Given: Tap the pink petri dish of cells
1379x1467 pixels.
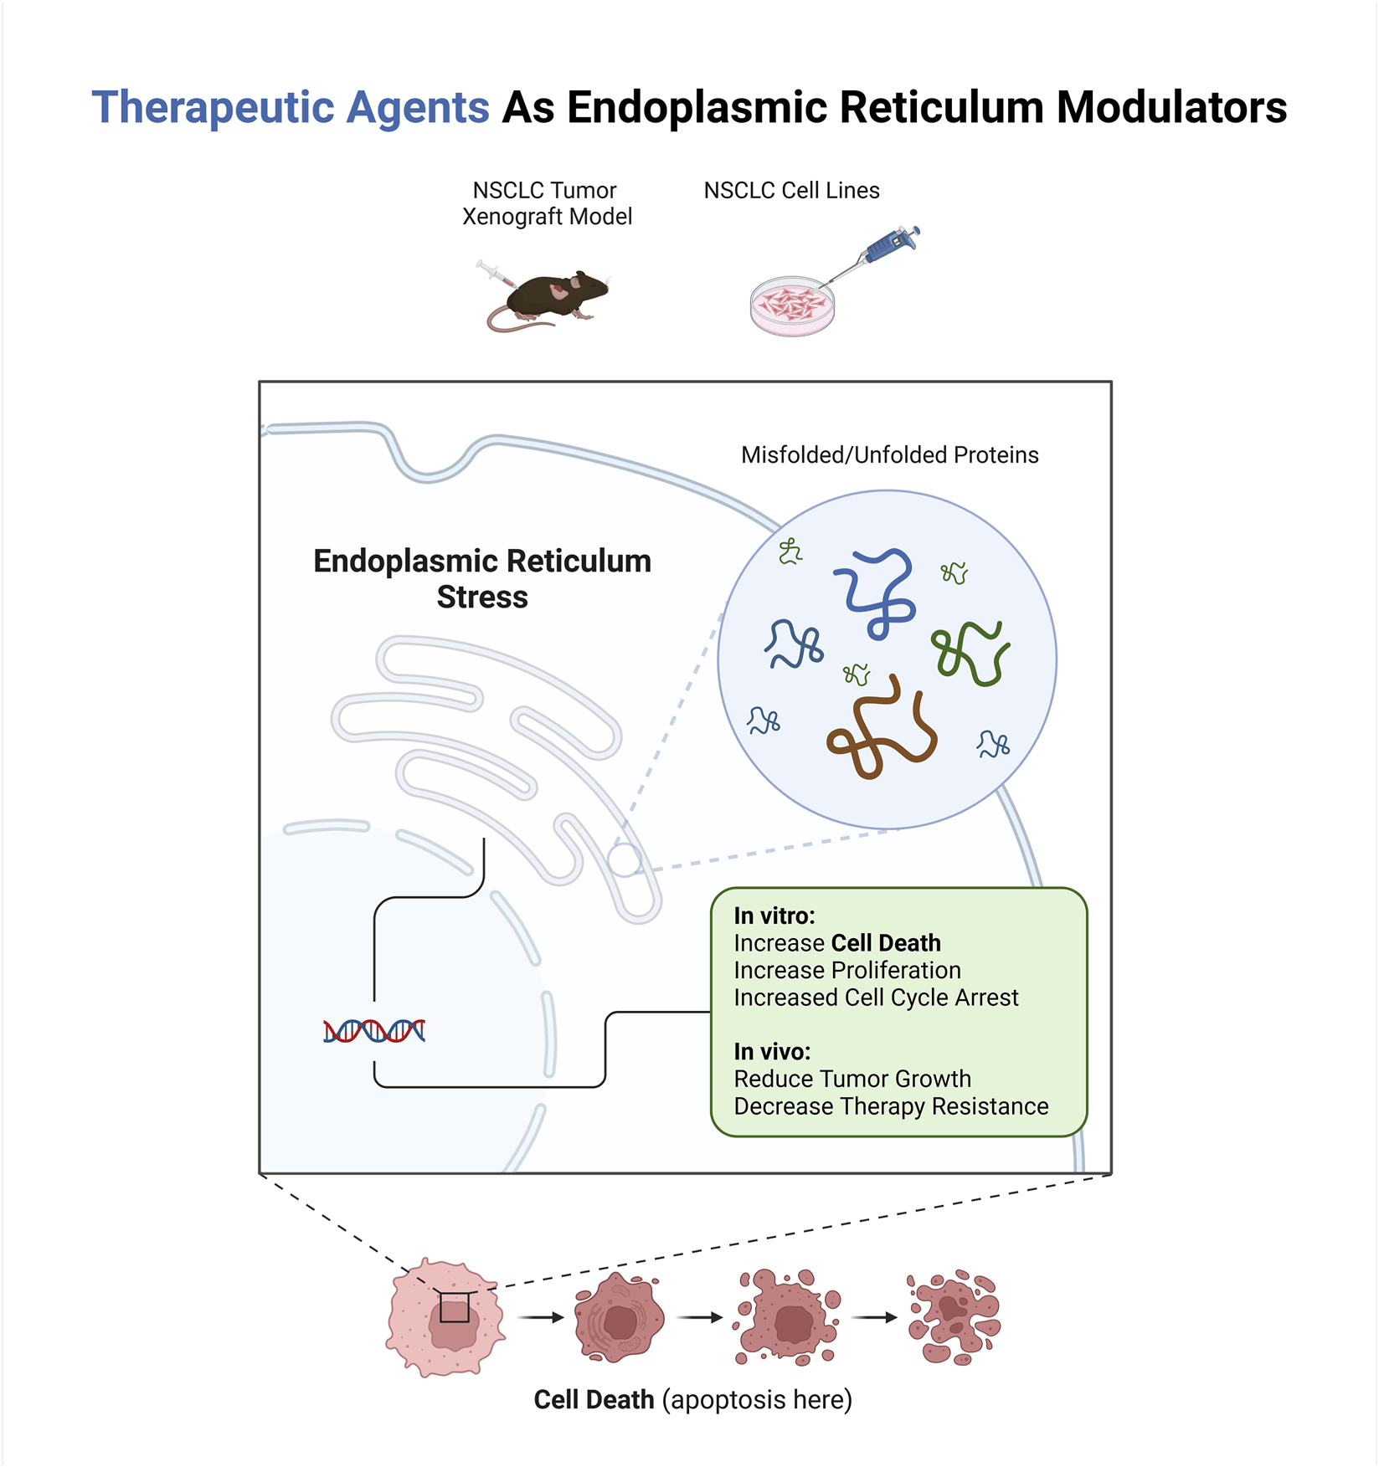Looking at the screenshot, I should (792, 308).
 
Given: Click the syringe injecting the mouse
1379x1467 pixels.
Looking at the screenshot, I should (497, 274).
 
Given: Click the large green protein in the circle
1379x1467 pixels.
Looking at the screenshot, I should (971, 654).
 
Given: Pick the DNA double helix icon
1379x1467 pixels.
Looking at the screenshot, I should (374, 1031).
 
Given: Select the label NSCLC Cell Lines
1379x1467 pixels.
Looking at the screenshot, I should (791, 191).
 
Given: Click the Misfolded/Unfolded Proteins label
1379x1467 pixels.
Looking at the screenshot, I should (889, 455).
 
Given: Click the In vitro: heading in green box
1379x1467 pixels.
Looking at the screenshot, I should (774, 916).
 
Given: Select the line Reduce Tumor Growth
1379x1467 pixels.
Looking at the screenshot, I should (852, 1079).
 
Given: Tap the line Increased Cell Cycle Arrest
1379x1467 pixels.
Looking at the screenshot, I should (876, 998).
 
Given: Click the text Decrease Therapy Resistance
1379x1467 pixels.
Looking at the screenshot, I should (890, 1106).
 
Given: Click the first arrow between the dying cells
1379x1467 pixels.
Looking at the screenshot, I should (541, 1317).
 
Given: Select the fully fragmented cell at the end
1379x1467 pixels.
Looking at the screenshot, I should (954, 1317).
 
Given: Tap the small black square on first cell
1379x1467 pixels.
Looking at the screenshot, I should (455, 1307).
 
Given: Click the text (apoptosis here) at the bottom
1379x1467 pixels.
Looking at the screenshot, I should (757, 1399).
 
